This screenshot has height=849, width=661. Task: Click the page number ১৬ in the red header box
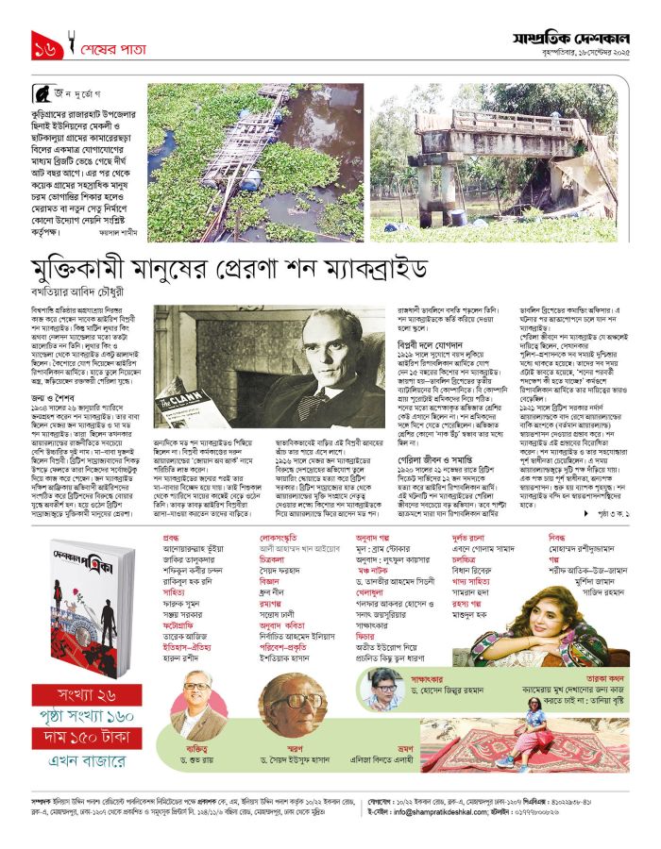45,45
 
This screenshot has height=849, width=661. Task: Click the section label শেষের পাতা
108,45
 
